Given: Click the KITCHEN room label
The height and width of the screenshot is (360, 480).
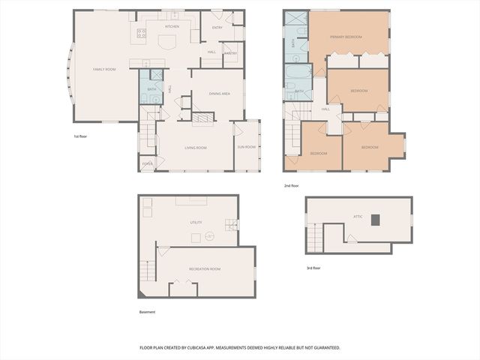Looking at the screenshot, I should tap(172, 27).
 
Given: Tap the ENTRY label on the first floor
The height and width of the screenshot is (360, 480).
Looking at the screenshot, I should tap(217, 28).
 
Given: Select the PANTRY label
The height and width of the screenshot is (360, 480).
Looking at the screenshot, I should tap(231, 53).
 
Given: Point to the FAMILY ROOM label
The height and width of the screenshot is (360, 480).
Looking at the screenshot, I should tap(104, 69).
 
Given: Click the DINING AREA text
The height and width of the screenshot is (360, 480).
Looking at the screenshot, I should tap(219, 93).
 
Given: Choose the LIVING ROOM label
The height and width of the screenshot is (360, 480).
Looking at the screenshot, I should tap(196, 148).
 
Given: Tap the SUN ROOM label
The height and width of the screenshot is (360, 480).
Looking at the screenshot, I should tap(247, 147).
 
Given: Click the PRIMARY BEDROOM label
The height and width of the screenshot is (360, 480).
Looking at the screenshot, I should tap(347, 37).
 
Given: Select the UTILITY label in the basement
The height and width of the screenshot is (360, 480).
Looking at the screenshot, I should tap(195, 223).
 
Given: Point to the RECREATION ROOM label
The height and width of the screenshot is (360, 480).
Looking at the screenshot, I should tap(205, 268).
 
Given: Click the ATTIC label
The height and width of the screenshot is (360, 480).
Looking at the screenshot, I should tap(358, 217).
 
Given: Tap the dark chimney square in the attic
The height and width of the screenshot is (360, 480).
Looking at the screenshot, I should tap(377, 220).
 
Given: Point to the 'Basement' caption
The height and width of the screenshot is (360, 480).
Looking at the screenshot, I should tap(148, 312).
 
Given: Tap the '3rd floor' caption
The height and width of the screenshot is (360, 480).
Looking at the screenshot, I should tap(314, 268).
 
